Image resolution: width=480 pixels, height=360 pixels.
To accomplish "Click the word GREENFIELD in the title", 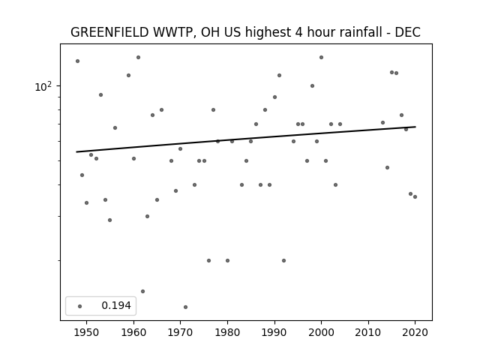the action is (109, 32).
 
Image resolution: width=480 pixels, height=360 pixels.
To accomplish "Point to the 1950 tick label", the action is (87, 332).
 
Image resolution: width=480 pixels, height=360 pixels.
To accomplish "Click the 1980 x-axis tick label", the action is (227, 332).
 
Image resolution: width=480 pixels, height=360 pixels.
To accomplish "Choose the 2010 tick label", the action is (368, 332).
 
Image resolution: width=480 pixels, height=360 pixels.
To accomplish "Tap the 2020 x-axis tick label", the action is (415, 332).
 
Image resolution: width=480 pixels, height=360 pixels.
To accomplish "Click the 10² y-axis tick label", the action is (43, 87).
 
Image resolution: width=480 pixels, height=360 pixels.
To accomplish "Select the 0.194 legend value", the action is (116, 305).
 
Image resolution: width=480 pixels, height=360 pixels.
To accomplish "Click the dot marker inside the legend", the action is (80, 306).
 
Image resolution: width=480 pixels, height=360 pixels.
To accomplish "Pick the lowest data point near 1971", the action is (185, 307).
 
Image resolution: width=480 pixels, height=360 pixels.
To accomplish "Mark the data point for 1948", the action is (77, 61).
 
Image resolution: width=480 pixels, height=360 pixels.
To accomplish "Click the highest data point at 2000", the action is (321, 57).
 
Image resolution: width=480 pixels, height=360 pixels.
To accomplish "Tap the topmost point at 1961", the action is (138, 57).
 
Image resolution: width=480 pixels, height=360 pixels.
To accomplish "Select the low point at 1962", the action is (143, 291).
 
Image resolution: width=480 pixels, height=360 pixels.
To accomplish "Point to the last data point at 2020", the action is (415, 196).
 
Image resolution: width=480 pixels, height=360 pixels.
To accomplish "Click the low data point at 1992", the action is (283, 260).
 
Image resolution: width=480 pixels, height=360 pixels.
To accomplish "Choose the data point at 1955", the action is (110, 220).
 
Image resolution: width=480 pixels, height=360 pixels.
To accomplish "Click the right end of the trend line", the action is (415, 127).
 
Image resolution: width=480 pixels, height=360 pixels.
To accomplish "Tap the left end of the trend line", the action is (76, 151).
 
